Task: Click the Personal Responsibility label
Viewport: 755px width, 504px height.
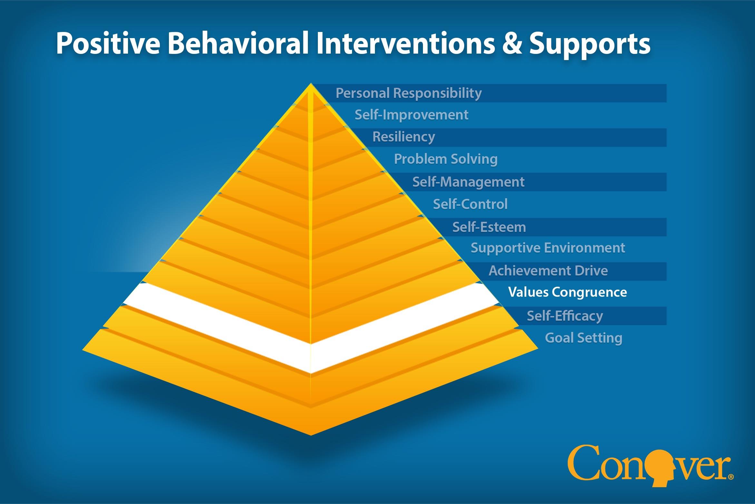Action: (x=408, y=93)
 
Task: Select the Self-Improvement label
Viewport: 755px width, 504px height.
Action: (x=411, y=115)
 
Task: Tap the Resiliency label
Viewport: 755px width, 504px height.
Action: (x=404, y=137)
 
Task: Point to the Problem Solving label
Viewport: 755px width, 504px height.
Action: (x=446, y=159)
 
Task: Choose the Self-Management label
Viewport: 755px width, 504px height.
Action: (x=468, y=182)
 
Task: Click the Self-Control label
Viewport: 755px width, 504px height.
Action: (x=470, y=204)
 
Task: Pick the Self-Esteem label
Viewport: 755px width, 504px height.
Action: (x=489, y=227)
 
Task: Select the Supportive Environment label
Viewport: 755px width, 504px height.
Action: (x=548, y=248)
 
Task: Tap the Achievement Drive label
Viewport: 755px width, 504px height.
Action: (x=548, y=271)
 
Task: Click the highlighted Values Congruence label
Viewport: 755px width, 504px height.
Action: (x=567, y=292)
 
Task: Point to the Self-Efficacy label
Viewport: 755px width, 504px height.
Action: (x=564, y=316)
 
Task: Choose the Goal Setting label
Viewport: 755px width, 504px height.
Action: (x=583, y=338)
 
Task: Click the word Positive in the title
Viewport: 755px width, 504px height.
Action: (x=108, y=44)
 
